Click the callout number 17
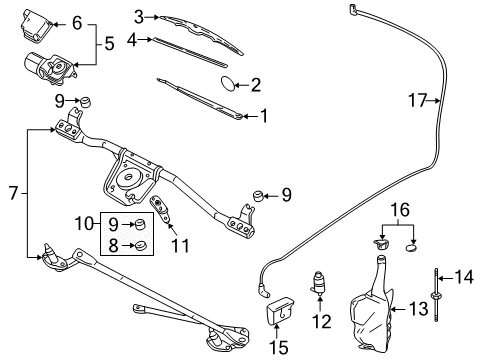tap(418, 99)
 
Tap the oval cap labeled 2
tap(230, 84)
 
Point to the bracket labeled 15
tap(280, 316)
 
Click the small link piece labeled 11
tap(160, 213)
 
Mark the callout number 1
tap(265, 115)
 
